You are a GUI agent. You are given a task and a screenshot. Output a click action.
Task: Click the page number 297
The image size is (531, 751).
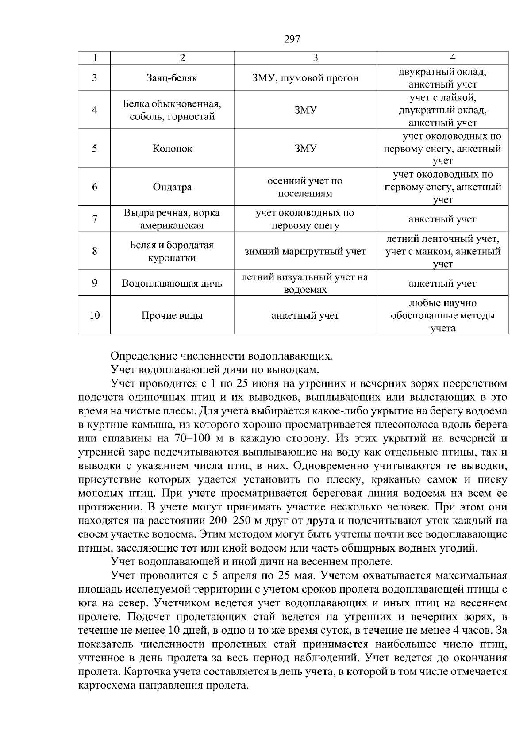292,40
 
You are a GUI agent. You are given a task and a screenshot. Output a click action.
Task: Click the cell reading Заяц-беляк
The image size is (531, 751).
172,78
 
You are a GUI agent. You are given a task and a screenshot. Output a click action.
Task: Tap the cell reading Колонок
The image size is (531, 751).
172,149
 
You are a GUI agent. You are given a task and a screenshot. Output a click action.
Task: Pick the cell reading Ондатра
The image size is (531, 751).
172,187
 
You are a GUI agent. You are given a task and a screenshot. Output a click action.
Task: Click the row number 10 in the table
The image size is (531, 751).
94,315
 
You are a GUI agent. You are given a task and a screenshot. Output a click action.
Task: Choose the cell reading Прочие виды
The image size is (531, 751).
172,316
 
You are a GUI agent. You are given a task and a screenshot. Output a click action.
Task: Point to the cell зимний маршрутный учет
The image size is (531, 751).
305,252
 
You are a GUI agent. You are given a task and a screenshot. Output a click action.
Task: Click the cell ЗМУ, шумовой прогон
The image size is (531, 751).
305,78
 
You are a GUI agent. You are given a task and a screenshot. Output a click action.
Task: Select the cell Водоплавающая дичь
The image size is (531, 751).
172,284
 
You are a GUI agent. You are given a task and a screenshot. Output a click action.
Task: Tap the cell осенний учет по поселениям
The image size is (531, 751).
305,187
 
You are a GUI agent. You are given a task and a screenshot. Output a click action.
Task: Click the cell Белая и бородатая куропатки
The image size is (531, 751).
172,251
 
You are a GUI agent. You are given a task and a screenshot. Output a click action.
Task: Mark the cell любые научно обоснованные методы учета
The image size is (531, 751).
442,315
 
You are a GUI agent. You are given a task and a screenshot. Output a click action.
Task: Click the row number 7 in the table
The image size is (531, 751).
94,219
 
